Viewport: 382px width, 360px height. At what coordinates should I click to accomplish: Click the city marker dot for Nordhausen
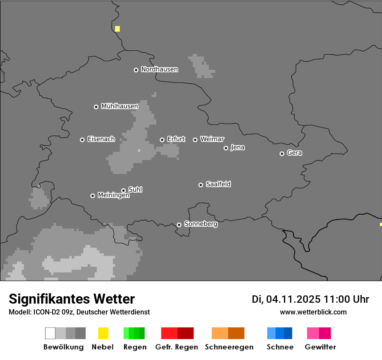pyautogui.click(x=136, y=70)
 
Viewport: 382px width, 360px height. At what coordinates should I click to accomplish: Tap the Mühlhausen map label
pyautogui.click(x=119, y=106)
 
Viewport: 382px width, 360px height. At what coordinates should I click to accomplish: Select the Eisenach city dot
pyautogui.click(x=82, y=140)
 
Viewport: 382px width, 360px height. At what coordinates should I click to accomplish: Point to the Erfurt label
pyautogui.click(x=176, y=139)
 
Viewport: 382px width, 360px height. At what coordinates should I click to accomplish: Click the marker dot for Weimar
pyautogui.click(x=195, y=140)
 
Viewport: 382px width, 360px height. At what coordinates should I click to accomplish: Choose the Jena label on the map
pyautogui.click(x=237, y=147)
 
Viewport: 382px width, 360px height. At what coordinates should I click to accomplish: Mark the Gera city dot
pyautogui.click(x=282, y=154)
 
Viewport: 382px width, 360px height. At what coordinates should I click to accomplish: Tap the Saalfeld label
pyautogui.click(x=218, y=184)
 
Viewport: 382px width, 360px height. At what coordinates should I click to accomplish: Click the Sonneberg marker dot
pyautogui.click(x=179, y=225)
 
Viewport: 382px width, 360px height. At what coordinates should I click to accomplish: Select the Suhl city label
pyautogui.click(x=135, y=190)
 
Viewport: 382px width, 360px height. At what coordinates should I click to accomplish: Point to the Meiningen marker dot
pyautogui.click(x=92, y=196)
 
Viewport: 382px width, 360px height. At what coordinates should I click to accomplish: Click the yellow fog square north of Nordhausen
pyautogui.click(x=117, y=29)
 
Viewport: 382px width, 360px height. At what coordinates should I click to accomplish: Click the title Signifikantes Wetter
pyautogui.click(x=72, y=299)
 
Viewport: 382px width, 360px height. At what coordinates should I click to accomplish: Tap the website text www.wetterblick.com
pyautogui.click(x=313, y=312)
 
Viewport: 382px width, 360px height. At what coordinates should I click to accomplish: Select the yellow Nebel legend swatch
pyautogui.click(x=103, y=333)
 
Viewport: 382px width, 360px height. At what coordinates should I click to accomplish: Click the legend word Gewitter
pyautogui.click(x=320, y=347)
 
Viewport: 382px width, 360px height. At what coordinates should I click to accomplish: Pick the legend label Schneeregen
pyautogui.click(x=229, y=347)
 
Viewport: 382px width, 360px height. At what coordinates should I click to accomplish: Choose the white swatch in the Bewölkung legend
pyautogui.click(x=50, y=333)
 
